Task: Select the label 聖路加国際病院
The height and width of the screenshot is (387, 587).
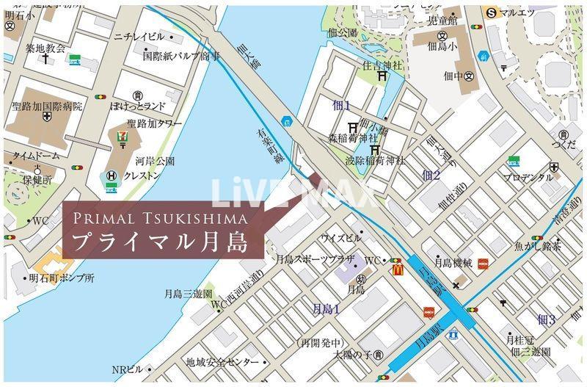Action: pos(47,106)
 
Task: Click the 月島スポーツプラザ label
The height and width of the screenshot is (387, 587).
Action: pos(315,259)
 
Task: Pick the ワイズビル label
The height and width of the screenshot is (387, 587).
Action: pos(340,238)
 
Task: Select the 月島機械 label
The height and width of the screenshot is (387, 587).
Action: pos(453,261)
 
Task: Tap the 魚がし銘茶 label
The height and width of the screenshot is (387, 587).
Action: pos(537,247)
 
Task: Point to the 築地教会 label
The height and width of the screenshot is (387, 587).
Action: pos(45,48)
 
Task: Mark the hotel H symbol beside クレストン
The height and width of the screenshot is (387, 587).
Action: pos(112,176)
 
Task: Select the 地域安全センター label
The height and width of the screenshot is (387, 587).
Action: pos(221,362)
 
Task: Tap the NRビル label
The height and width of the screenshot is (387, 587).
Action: pos(127,369)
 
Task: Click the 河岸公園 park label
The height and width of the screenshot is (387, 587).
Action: pos(155,160)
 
